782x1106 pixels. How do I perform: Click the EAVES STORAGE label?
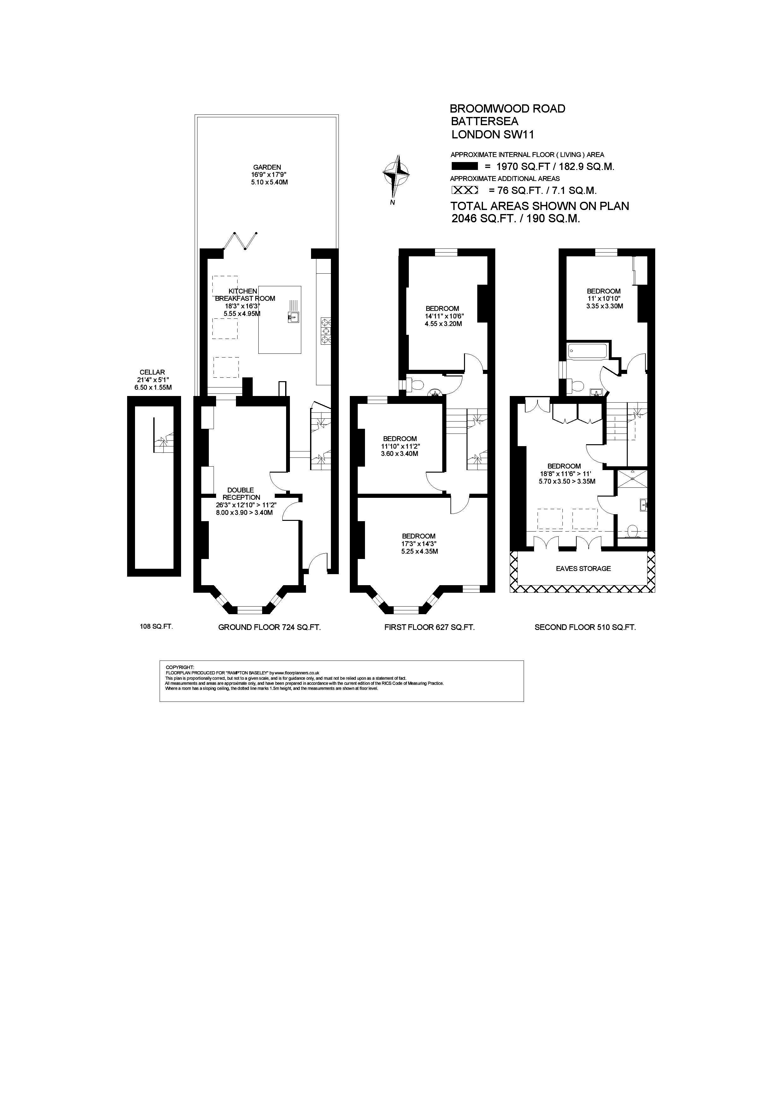tap(583, 568)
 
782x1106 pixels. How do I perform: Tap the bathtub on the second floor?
tap(588, 351)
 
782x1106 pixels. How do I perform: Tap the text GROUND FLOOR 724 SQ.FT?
tap(269, 627)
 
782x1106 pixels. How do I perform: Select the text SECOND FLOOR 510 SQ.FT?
tap(585, 627)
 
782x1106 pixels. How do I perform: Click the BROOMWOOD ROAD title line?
tap(507, 109)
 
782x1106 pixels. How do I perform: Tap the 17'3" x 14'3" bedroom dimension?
tap(419, 544)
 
